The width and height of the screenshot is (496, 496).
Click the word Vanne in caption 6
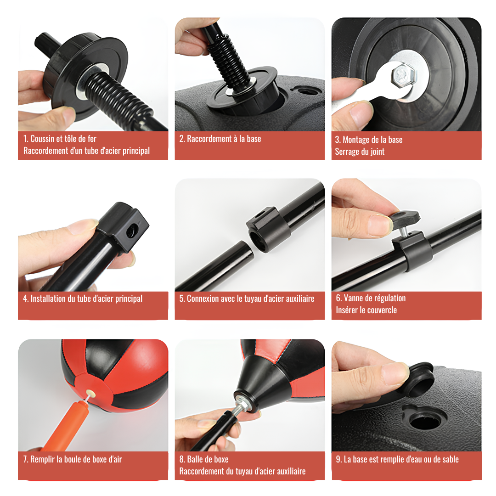coord(355,298)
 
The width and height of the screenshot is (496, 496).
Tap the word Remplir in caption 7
coord(42,459)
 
